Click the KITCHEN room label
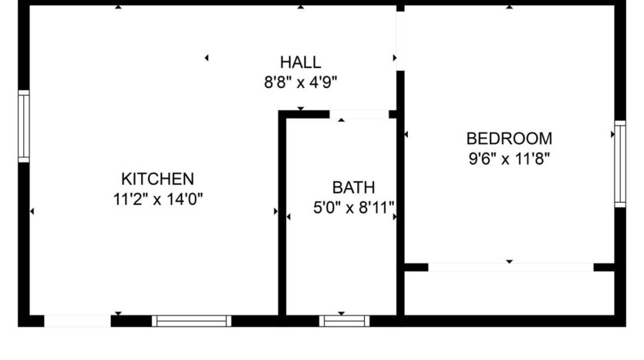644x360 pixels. pyautogui.click(x=157, y=179)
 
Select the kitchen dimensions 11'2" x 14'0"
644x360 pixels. pyautogui.click(x=157, y=199)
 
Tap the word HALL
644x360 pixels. pyautogui.click(x=300, y=63)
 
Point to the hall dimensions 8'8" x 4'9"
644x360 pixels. pyautogui.click(x=300, y=82)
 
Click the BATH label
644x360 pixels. pyautogui.click(x=353, y=187)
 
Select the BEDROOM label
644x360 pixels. pyautogui.click(x=509, y=139)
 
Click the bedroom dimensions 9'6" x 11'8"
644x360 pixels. pyautogui.click(x=509, y=159)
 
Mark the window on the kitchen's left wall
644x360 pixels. pyautogui.click(x=24, y=126)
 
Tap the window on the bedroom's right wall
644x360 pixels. pyautogui.click(x=619, y=164)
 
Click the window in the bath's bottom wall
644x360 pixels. pyautogui.click(x=344, y=321)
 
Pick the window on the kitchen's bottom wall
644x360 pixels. pyautogui.click(x=191, y=321)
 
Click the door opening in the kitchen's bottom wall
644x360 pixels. pyautogui.click(x=77, y=321)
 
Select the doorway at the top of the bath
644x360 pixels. pyautogui.click(x=359, y=115)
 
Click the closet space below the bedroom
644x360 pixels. pyautogui.click(x=509, y=293)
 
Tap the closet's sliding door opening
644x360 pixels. pyautogui.click(x=511, y=267)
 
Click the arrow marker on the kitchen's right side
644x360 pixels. pyautogui.click(x=275, y=210)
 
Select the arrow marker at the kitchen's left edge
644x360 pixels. pyautogui.click(x=32, y=210)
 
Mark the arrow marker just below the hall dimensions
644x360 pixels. pyautogui.click(x=300, y=109)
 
